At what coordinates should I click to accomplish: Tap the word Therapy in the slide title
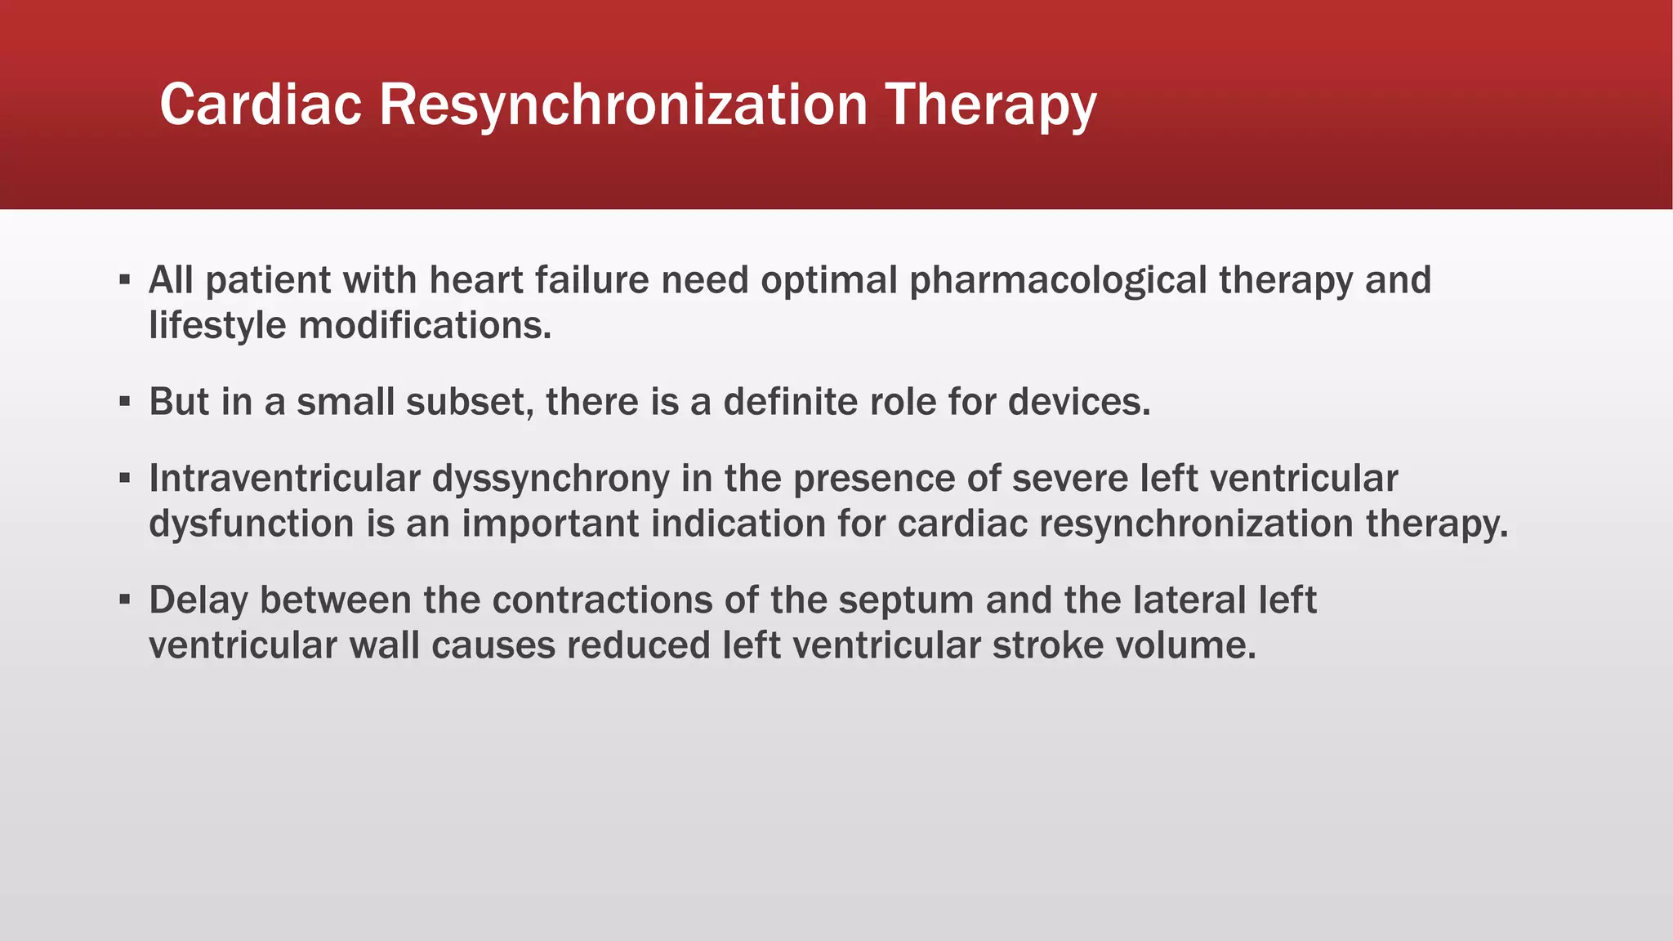point(991,106)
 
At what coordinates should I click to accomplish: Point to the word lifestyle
point(217,326)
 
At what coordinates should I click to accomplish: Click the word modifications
point(425,326)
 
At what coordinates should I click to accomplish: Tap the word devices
point(1079,402)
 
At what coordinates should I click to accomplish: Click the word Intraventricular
point(284,479)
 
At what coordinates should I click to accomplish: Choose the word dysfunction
point(251,524)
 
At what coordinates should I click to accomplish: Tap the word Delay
point(199,600)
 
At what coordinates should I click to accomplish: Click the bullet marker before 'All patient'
point(124,280)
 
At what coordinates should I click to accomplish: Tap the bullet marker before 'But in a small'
point(124,402)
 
